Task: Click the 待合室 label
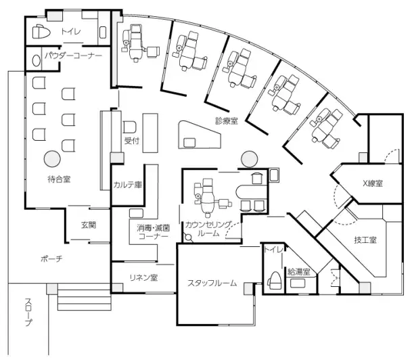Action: [59, 179]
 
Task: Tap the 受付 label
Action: [131, 141]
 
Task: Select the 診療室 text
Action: [227, 120]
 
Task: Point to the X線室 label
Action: [373, 183]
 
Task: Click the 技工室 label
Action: [365, 240]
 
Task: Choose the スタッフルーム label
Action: [212, 283]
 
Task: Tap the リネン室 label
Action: [143, 277]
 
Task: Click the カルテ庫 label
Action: [127, 185]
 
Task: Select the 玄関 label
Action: [89, 225]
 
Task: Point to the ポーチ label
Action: [51, 258]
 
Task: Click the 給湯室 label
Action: [298, 271]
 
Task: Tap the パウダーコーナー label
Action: [73, 55]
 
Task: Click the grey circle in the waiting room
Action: [52, 159]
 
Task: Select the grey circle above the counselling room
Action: [250, 159]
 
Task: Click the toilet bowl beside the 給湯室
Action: [274, 280]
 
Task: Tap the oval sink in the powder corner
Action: [37, 61]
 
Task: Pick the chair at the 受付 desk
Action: [129, 127]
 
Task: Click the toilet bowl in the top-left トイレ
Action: [41, 32]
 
